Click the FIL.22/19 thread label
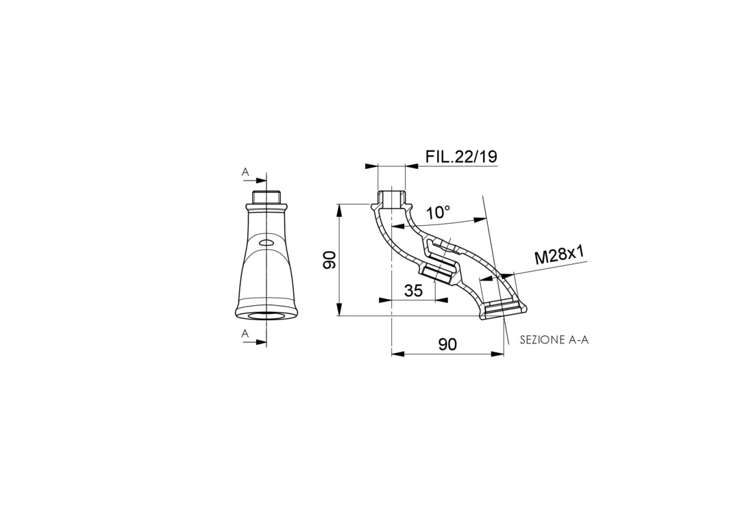pos(461,157)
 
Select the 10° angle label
pos(438,213)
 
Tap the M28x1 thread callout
pos(559,257)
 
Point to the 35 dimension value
pos(413,291)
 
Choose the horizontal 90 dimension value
pos(447,344)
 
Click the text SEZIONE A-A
pos(554,340)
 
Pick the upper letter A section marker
pos(245,172)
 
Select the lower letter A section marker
pos(245,334)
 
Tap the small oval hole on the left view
pos(267,243)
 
